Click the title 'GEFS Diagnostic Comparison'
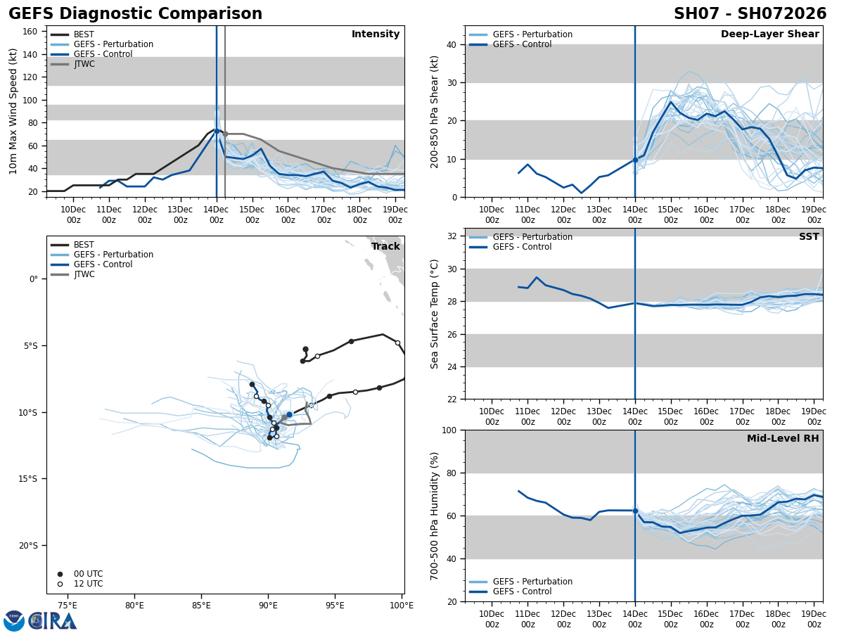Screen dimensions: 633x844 click(135, 14)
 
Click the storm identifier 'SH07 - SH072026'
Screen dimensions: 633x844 click(750, 14)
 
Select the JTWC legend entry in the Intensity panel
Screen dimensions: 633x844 click(84, 64)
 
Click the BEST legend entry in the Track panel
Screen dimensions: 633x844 click(84, 245)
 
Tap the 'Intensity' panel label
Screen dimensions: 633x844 click(376, 34)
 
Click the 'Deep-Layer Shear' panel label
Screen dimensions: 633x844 click(769, 34)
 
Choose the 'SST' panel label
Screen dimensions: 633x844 click(808, 237)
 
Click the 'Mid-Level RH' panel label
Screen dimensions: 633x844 click(783, 439)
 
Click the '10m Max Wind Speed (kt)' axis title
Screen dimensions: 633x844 click(14, 111)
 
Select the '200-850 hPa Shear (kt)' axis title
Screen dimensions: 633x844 click(435, 111)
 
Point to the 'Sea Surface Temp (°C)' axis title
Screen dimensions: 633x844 click(435, 314)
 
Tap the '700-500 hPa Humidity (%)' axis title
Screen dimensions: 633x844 click(435, 516)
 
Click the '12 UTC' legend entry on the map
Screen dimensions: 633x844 click(88, 584)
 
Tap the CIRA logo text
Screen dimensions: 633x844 click(53, 621)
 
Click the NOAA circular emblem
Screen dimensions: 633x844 click(14, 621)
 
